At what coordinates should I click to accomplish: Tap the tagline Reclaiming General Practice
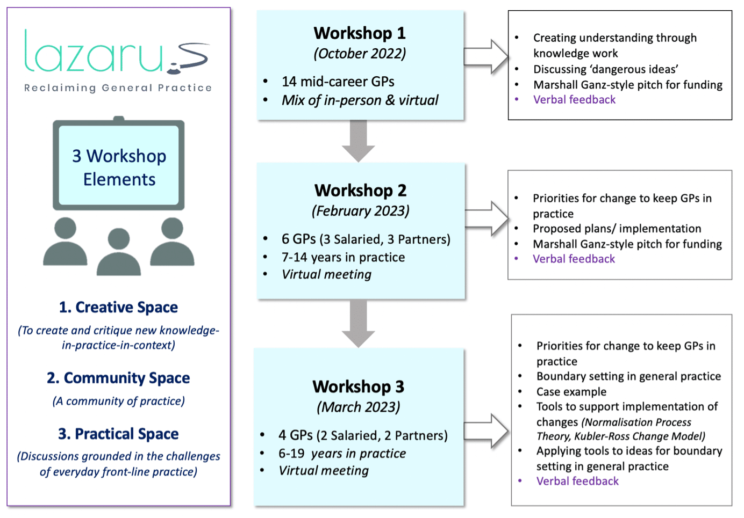pyautogui.click(x=118, y=88)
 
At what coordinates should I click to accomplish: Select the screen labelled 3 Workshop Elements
pyautogui.click(x=119, y=166)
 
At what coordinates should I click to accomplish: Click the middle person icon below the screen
pyautogui.click(x=119, y=252)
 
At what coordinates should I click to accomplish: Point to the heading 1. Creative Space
pyautogui.click(x=118, y=307)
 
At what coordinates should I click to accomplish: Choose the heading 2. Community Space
pyautogui.click(x=118, y=378)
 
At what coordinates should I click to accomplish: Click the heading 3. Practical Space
pyautogui.click(x=118, y=434)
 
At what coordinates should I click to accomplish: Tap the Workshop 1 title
pyautogui.click(x=360, y=33)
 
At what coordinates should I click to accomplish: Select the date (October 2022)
pyautogui.click(x=360, y=54)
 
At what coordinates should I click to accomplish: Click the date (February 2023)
pyautogui.click(x=360, y=211)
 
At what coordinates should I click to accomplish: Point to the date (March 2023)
pyautogui.click(x=358, y=407)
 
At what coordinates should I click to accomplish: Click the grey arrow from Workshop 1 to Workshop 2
pyautogui.click(x=359, y=141)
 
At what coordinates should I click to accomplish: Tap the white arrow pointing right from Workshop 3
pyautogui.click(x=486, y=431)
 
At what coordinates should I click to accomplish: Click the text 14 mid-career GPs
pyautogui.click(x=338, y=82)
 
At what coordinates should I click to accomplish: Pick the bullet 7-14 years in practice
pyautogui.click(x=343, y=257)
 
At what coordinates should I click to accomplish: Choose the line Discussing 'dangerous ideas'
pyautogui.click(x=605, y=69)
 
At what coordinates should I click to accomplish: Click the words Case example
pyautogui.click(x=571, y=392)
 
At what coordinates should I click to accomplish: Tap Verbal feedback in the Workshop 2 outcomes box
pyautogui.click(x=574, y=259)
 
